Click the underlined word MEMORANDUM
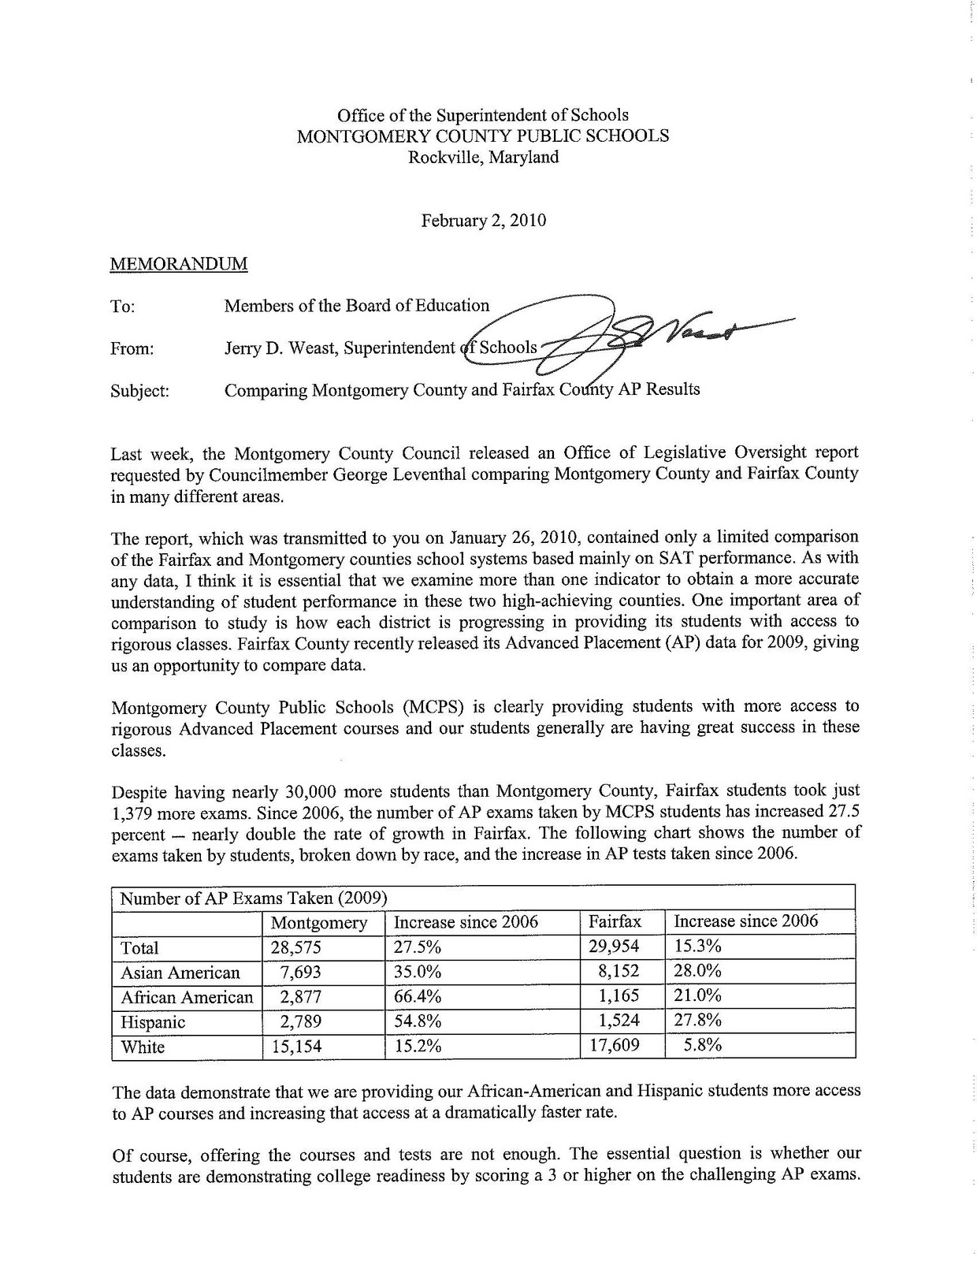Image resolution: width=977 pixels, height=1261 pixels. [x=179, y=264]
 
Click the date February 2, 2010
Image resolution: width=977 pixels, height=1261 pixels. [x=483, y=221]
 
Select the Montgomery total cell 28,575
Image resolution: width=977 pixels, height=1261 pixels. [x=296, y=947]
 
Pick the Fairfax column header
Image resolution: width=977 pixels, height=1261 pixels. [x=615, y=921]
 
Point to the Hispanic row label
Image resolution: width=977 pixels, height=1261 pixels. [x=153, y=1022]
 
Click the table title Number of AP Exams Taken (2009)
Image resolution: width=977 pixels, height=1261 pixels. [x=252, y=898]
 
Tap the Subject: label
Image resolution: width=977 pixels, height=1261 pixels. [x=140, y=391]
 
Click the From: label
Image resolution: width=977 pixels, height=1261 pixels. [x=132, y=348]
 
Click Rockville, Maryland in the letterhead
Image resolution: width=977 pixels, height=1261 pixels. [x=483, y=157]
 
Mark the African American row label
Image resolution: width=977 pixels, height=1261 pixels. [x=187, y=997]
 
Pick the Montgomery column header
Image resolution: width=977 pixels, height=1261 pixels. [x=319, y=922]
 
